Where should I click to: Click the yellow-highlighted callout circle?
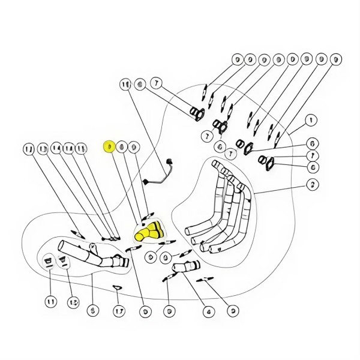coord(109,146)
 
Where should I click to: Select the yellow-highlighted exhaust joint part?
coord(148,232)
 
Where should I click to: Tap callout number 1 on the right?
coord(311,121)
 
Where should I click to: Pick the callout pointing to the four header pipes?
coord(311,184)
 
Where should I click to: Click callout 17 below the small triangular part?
coord(118,311)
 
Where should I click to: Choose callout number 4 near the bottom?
coord(209,311)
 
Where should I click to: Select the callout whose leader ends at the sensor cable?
coord(125,84)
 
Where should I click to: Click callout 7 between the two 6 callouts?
coord(312,156)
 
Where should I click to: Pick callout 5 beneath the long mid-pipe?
coord(92,311)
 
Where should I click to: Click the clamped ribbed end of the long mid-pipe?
coord(119,262)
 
